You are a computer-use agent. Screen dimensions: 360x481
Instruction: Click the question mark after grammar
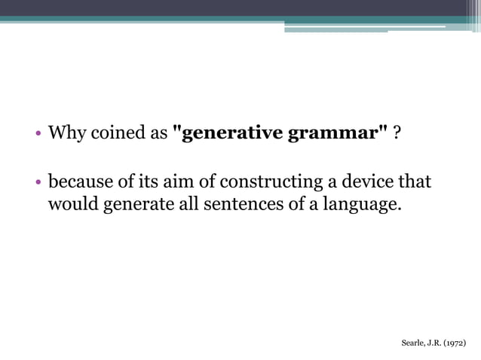[x=397, y=135]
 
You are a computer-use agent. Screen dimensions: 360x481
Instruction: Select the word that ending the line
[x=415, y=182]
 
